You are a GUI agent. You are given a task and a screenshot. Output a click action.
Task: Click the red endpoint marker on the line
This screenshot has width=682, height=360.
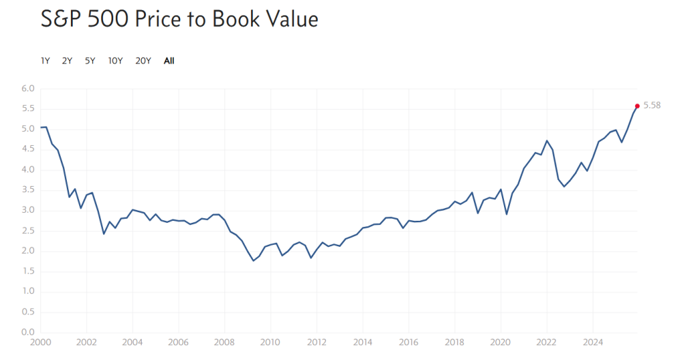[x=637, y=106]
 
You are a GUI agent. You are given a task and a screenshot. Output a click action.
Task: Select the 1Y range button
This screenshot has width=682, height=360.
[x=45, y=61]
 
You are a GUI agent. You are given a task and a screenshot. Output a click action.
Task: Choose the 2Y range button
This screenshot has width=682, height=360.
[x=67, y=61]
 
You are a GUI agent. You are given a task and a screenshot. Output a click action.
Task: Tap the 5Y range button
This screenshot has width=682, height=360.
[x=90, y=61]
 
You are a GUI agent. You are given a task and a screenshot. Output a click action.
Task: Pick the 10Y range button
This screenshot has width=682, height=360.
[x=115, y=61]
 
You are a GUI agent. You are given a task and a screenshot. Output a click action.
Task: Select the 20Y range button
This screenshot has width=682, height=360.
[x=143, y=61]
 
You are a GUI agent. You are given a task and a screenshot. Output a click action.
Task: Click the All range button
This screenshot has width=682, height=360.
[x=169, y=61]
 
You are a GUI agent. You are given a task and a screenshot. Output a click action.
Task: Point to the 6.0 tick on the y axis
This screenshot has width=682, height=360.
[x=27, y=89]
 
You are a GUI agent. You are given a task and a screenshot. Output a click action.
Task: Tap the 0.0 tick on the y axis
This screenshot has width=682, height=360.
[x=27, y=333]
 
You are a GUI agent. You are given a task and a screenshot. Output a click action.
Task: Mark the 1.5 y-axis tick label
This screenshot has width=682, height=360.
[x=27, y=271]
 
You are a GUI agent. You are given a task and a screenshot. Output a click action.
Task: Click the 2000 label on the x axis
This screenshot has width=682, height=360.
[x=40, y=342]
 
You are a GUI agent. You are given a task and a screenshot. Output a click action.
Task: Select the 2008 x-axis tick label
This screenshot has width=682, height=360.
[x=224, y=342]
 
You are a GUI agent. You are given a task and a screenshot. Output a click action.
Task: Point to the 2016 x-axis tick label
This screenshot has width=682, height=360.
[x=408, y=342]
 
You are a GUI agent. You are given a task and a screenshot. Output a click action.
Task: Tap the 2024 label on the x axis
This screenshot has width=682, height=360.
[x=593, y=342]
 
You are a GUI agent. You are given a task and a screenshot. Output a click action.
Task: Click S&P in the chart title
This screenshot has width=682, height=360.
[x=61, y=19]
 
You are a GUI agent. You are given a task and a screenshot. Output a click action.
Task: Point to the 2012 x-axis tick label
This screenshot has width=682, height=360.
[x=316, y=342]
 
